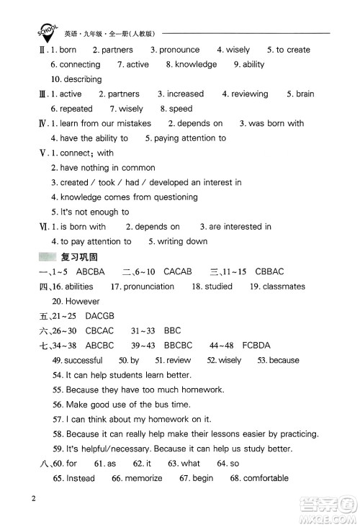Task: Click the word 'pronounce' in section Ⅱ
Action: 179,50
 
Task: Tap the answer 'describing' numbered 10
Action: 84,79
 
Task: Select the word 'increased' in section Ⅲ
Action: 185,94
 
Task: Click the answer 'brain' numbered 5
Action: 305,94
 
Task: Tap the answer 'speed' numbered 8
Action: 180,109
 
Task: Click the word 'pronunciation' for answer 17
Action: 148,287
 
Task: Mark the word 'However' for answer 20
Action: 82,301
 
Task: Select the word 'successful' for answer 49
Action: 84,360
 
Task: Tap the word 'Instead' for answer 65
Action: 81,478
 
